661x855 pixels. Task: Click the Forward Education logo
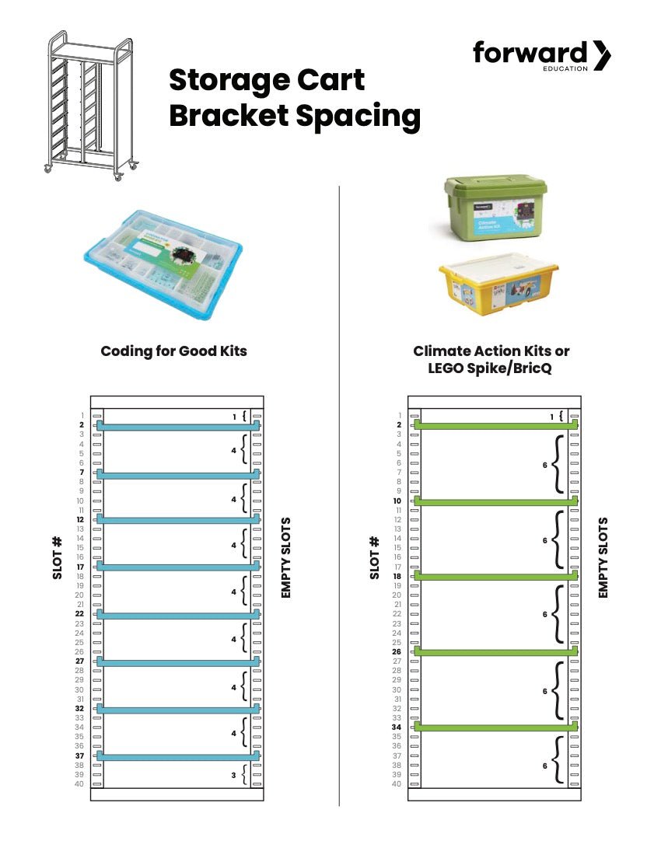click(x=541, y=55)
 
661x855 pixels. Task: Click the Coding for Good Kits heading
click(x=173, y=351)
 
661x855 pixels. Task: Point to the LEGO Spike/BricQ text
click(x=490, y=368)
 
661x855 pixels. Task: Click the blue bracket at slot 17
click(x=177, y=567)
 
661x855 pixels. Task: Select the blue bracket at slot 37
click(x=177, y=756)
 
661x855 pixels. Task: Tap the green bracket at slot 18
click(x=495, y=577)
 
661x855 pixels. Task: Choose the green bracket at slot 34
click(x=495, y=727)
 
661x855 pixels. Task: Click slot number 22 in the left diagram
click(x=79, y=614)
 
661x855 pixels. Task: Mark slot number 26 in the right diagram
click(x=397, y=652)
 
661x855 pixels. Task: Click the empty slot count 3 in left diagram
click(x=234, y=775)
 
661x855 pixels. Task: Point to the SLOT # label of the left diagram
click(x=57, y=557)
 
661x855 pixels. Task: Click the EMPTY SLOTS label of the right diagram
click(x=603, y=557)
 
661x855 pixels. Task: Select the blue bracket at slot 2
click(x=177, y=426)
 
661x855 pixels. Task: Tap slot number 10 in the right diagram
click(x=397, y=501)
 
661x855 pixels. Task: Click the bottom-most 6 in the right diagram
click(x=545, y=766)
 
